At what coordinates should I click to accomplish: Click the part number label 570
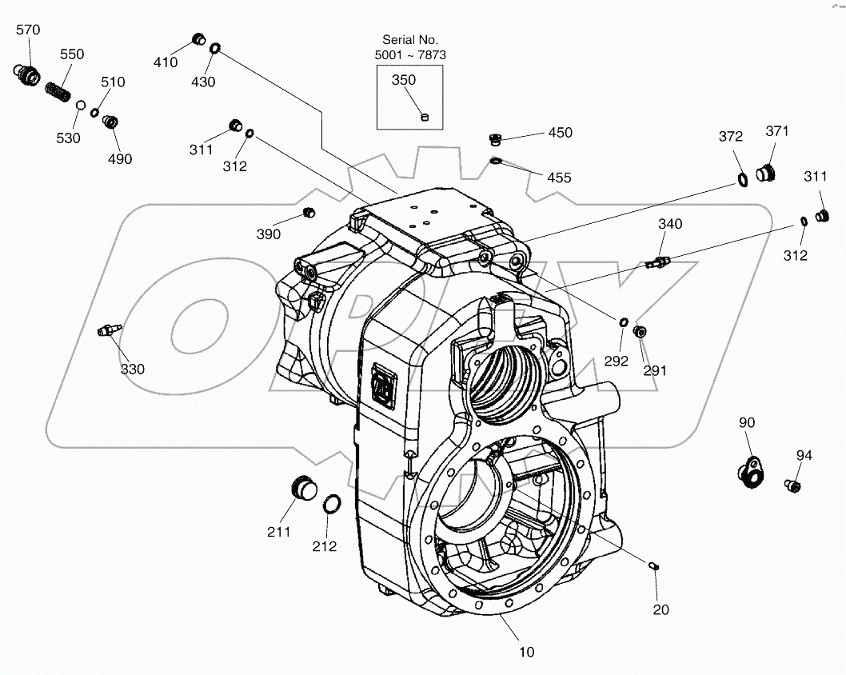(x=28, y=30)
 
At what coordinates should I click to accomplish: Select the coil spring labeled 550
(x=58, y=92)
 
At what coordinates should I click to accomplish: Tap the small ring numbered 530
(x=80, y=104)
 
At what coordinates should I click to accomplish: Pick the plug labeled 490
(x=110, y=122)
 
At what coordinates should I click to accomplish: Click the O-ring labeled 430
(x=214, y=49)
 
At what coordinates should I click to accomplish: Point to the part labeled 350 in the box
(x=425, y=117)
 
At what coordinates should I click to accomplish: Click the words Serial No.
(x=410, y=39)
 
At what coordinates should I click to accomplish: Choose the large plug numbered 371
(x=766, y=174)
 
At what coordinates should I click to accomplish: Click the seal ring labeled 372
(x=742, y=180)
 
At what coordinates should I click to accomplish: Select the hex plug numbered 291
(x=640, y=331)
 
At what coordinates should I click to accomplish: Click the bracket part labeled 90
(x=751, y=471)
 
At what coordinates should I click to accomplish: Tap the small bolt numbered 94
(x=792, y=485)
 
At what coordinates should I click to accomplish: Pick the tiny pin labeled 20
(x=654, y=565)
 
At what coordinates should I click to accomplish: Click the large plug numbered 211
(x=303, y=489)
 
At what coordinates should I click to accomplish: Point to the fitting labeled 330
(x=109, y=330)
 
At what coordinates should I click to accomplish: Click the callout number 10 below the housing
(x=527, y=653)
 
